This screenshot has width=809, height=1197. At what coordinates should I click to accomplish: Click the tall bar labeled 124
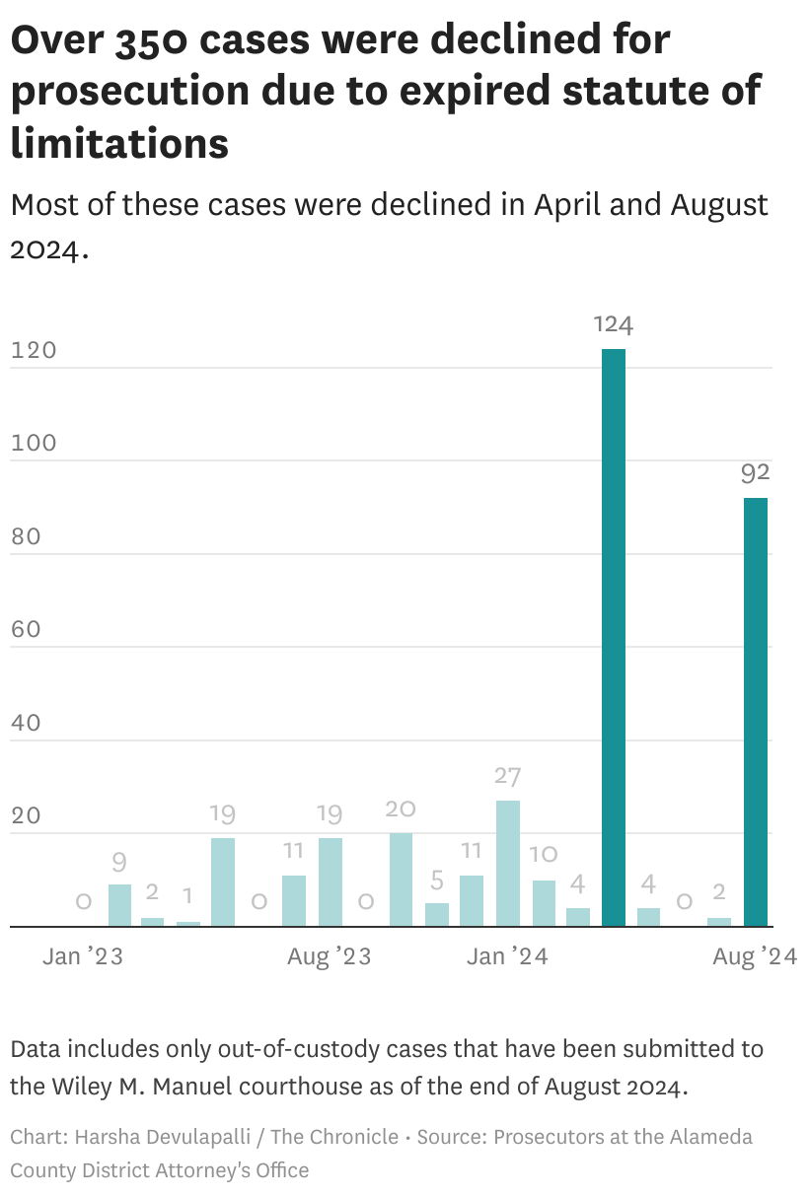pos(614,638)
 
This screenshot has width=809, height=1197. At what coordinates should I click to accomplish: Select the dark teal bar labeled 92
pos(756,712)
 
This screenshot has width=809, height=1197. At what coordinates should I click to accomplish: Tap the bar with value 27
pos(507,863)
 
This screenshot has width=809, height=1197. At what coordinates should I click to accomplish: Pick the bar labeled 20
pos(401,880)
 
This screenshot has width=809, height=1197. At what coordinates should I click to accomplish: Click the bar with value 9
pos(119,905)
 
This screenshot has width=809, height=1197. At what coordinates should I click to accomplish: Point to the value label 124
pos(614,325)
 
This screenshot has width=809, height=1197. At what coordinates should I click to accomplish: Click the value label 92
pos(756,474)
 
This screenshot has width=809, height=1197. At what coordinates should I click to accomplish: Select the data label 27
pos(507,777)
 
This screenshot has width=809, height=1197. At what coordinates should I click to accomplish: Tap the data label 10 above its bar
pos(544,855)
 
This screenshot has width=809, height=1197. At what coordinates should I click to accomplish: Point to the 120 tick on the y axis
pos(34,351)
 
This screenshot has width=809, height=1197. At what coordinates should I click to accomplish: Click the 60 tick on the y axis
pos(26,630)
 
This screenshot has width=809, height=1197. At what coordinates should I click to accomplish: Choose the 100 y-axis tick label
pos(34,444)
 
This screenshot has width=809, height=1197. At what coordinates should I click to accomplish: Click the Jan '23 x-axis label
pos(83,956)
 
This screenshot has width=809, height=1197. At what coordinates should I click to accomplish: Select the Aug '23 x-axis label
pos(330,956)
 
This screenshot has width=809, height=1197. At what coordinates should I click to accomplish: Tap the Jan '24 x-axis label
pos(507,956)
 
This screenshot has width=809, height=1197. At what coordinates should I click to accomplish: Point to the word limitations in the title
pos(119,143)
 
